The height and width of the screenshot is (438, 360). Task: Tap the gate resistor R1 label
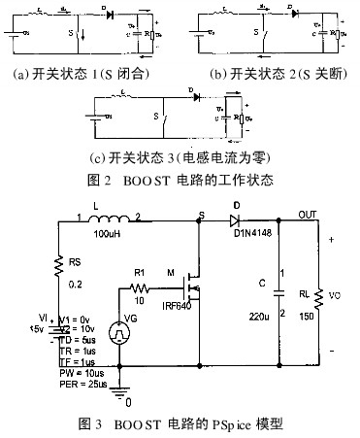(139, 273)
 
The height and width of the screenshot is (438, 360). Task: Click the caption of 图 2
(180, 180)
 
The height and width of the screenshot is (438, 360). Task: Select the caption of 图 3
(181, 423)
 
